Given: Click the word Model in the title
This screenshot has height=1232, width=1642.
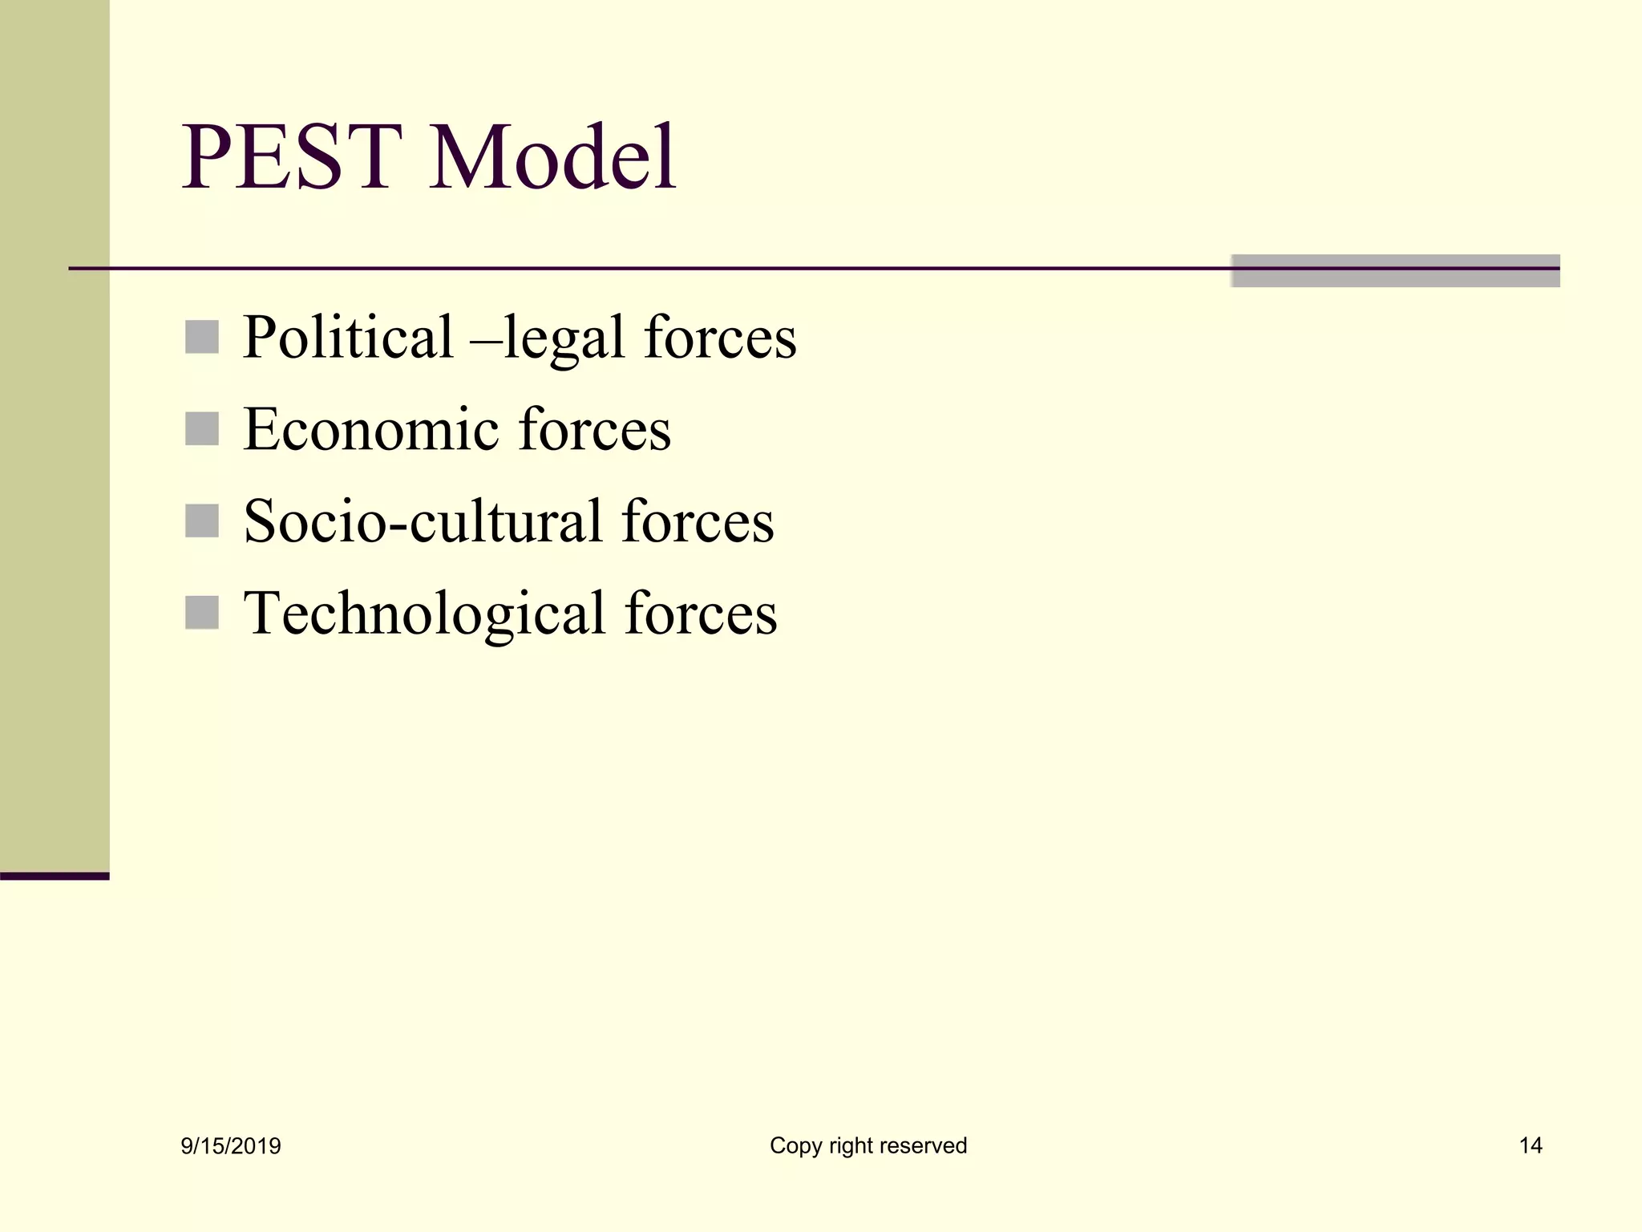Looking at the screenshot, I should coord(552,157).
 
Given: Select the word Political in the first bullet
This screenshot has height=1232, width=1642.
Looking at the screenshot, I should coord(348,337).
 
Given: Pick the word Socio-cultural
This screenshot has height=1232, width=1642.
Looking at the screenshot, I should coord(423,521).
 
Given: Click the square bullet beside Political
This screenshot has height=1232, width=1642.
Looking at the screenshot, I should coord(201,337).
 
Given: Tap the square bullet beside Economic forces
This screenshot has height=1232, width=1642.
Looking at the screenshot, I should coord(201,429).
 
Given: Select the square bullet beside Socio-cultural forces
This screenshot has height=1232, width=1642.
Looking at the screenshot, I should coord(201,521).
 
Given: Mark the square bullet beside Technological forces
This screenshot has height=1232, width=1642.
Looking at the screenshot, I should coord(201,613).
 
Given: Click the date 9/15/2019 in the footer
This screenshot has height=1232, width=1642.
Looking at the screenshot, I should coord(231,1146).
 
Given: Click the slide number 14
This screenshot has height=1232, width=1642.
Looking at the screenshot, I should coord(1530,1145).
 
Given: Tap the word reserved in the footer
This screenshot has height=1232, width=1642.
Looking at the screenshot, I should coord(930,1145).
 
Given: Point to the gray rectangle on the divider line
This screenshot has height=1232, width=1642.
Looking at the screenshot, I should coord(1395,271).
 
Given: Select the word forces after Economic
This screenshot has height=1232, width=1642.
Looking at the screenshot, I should coord(595,430).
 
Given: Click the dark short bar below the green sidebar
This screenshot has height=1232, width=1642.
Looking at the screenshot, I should coord(55,876).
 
